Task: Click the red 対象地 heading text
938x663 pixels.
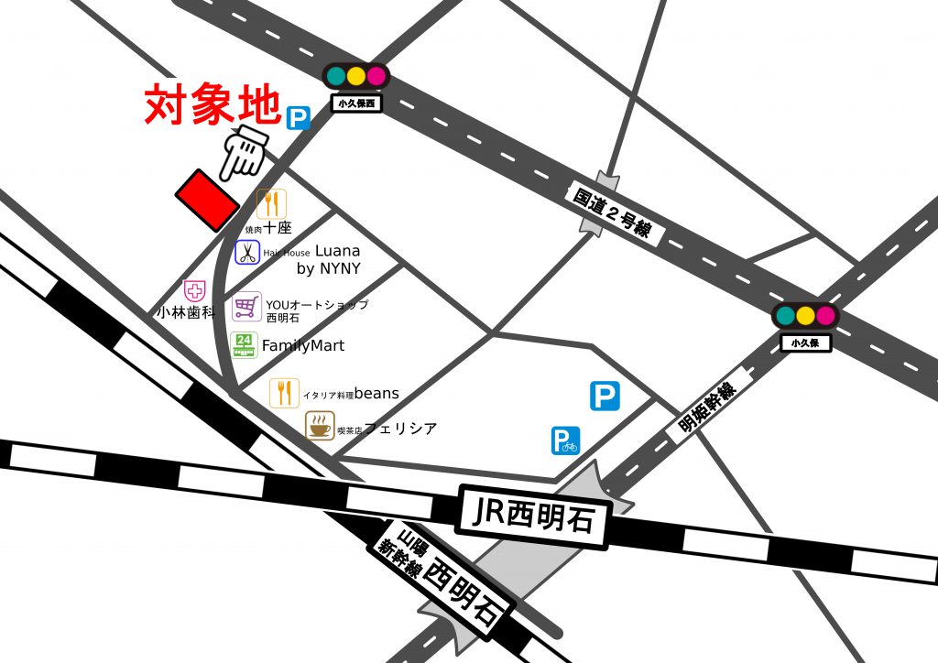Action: [x=213, y=106]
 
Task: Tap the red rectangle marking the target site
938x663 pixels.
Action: [x=206, y=200]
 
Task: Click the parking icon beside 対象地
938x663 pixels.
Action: [x=298, y=117]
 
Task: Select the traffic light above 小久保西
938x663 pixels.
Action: [x=356, y=76]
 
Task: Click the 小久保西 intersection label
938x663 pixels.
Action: [x=356, y=103]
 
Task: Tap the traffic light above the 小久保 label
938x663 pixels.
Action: [x=805, y=316]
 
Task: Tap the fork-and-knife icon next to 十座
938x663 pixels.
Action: [x=271, y=203]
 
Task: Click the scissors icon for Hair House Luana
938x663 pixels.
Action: [x=248, y=253]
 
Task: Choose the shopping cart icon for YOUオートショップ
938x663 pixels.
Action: [x=245, y=306]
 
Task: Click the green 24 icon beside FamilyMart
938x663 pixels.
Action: [x=244, y=345]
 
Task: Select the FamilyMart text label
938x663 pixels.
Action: [x=303, y=346]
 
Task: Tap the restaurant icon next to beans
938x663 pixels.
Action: [x=284, y=393]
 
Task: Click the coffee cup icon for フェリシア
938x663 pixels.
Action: [x=320, y=426]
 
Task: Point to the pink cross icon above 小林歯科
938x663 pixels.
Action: [x=194, y=292]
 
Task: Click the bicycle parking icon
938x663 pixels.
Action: [x=565, y=441]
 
